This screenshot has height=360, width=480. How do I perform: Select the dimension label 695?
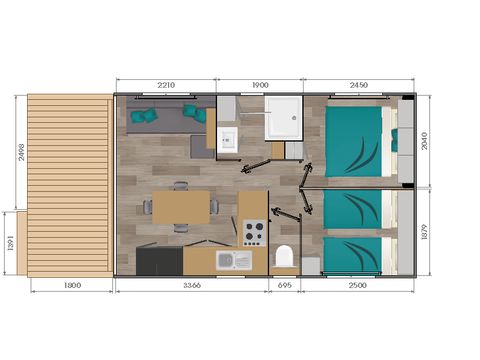click(286, 286)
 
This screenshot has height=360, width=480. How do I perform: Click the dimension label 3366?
click(190, 286)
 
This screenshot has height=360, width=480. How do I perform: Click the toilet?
click(285, 255)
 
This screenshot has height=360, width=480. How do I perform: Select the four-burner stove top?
click(252, 232)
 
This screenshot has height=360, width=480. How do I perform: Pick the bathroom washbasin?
click(226, 137)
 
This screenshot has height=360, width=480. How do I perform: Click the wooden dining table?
click(180, 206)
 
